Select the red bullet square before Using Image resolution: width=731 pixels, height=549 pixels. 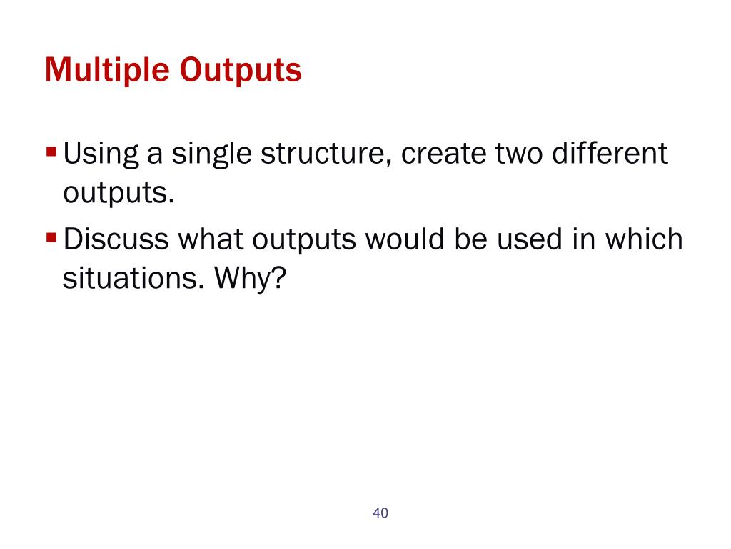pyautogui.click(x=51, y=152)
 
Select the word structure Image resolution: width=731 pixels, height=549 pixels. pyautogui.click(x=326, y=155)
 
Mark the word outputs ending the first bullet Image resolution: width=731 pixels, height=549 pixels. pyautogui.click(x=119, y=193)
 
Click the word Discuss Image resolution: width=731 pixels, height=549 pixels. pyautogui.click(x=116, y=239)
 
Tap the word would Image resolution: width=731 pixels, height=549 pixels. pyautogui.click(x=405, y=239)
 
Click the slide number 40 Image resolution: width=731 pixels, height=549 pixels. pyautogui.click(x=380, y=513)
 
